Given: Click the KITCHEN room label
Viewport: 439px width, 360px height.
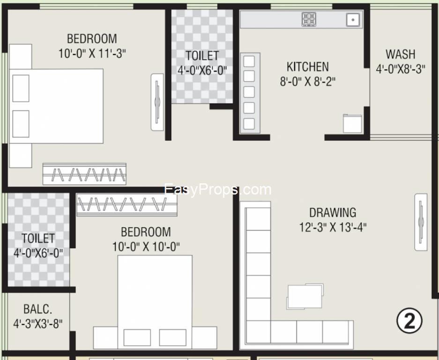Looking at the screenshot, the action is pos(308,67).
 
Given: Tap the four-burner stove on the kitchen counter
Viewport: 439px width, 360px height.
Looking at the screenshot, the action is pos(309,19).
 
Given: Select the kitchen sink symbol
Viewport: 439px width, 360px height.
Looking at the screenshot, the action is pos(353,20).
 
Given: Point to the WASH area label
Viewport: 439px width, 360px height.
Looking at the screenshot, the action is pos(401,54).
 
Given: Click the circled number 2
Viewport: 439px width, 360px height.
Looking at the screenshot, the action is pos(409,321).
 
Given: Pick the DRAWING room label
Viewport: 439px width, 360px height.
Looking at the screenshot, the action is pos(333,213).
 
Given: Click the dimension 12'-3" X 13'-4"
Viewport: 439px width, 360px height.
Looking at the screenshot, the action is pos(333,227).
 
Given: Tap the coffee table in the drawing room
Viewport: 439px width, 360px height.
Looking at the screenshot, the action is pos(305,296).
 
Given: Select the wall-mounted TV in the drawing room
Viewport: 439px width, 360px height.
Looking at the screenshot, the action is pos(421,222).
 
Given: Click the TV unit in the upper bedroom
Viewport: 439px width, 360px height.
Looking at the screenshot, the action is pos(157,102).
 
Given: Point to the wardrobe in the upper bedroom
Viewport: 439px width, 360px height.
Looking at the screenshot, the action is pos(84,174).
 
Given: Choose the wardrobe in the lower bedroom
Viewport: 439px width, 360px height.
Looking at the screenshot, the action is pos(127,205).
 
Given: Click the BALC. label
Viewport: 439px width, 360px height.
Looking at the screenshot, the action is pos(38,309).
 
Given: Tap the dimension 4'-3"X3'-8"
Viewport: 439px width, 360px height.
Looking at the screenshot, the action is pos(38,324).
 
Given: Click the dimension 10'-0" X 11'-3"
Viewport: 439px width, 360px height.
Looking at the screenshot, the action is pos(92,53).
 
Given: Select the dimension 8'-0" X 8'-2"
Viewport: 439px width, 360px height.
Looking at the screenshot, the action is pos(308,81).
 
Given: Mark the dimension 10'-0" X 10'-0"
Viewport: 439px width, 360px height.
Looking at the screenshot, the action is pos(146,247).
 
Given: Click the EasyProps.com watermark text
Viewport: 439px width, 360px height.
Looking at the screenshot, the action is pos(218,190).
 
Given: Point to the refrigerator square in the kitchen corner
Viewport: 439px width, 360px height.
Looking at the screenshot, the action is pos(352,124).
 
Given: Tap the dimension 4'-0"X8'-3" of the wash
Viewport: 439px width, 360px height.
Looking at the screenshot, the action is pos(401,69).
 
